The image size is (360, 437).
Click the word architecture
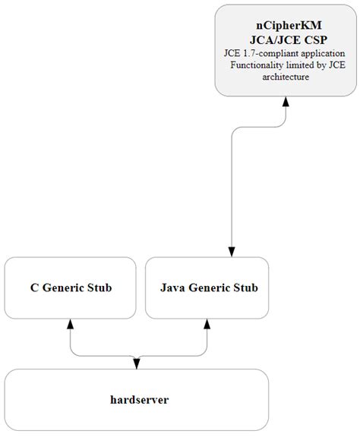click(283, 77)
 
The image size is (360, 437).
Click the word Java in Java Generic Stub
click(174, 288)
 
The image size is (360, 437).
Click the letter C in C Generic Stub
click(34, 288)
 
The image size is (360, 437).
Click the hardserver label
click(137, 399)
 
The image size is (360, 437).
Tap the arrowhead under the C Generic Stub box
click(70, 324)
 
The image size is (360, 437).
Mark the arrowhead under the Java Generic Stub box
click(207, 324)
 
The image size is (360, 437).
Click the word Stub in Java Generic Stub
click(248, 288)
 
